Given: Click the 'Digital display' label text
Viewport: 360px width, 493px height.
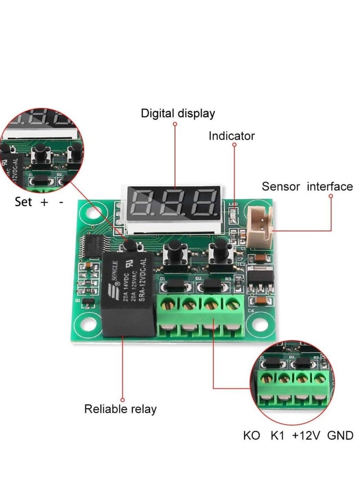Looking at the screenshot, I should click(x=178, y=113).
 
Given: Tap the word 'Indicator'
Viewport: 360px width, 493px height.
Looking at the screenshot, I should click(x=231, y=136).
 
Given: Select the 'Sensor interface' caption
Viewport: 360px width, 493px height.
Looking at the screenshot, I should click(x=307, y=186).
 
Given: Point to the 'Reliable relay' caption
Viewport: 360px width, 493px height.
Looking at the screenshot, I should click(x=121, y=409).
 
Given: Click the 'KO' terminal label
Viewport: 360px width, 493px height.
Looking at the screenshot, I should click(x=251, y=436).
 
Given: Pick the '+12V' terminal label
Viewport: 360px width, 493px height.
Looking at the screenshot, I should click(x=306, y=436).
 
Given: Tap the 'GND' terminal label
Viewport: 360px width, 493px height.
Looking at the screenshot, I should click(x=340, y=436).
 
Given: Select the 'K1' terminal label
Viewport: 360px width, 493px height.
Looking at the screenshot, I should click(x=278, y=436).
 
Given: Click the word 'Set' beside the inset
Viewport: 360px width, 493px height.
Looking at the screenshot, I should click(x=23, y=202).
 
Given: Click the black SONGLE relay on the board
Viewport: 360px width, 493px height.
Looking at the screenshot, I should click(x=127, y=295).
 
